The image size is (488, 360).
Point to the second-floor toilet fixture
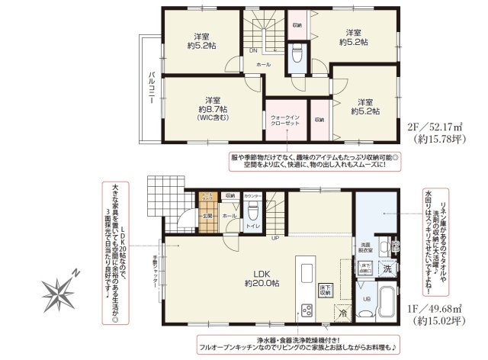click(297, 53)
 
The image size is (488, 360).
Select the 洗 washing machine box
click(387, 268)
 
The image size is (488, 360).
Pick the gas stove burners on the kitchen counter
click(307, 310)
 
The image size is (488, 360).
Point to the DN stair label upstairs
click(253, 52)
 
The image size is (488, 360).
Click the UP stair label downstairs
click(275, 237)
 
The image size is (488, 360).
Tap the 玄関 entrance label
click(206, 217)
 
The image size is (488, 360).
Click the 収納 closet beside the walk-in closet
click(319, 120)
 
